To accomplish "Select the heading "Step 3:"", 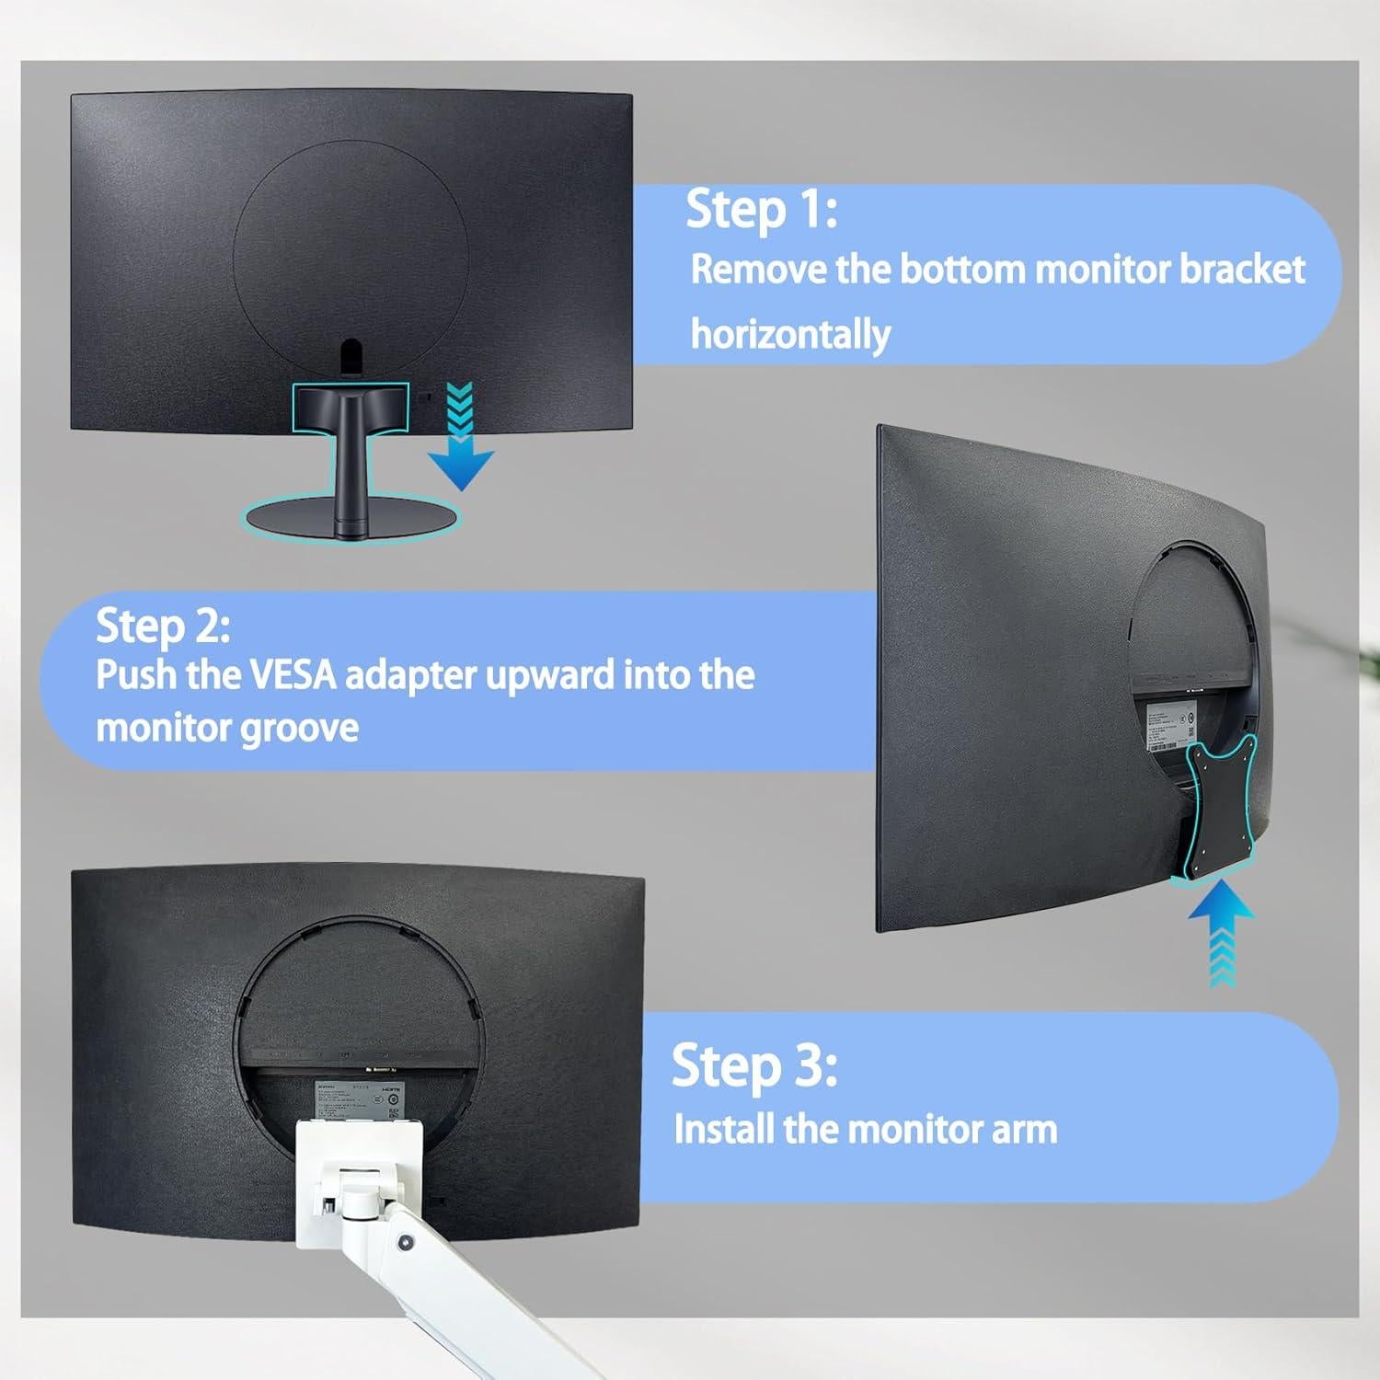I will tap(753, 1065).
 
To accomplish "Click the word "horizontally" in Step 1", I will tap(790, 334).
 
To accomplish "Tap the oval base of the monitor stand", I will tap(351, 521).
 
